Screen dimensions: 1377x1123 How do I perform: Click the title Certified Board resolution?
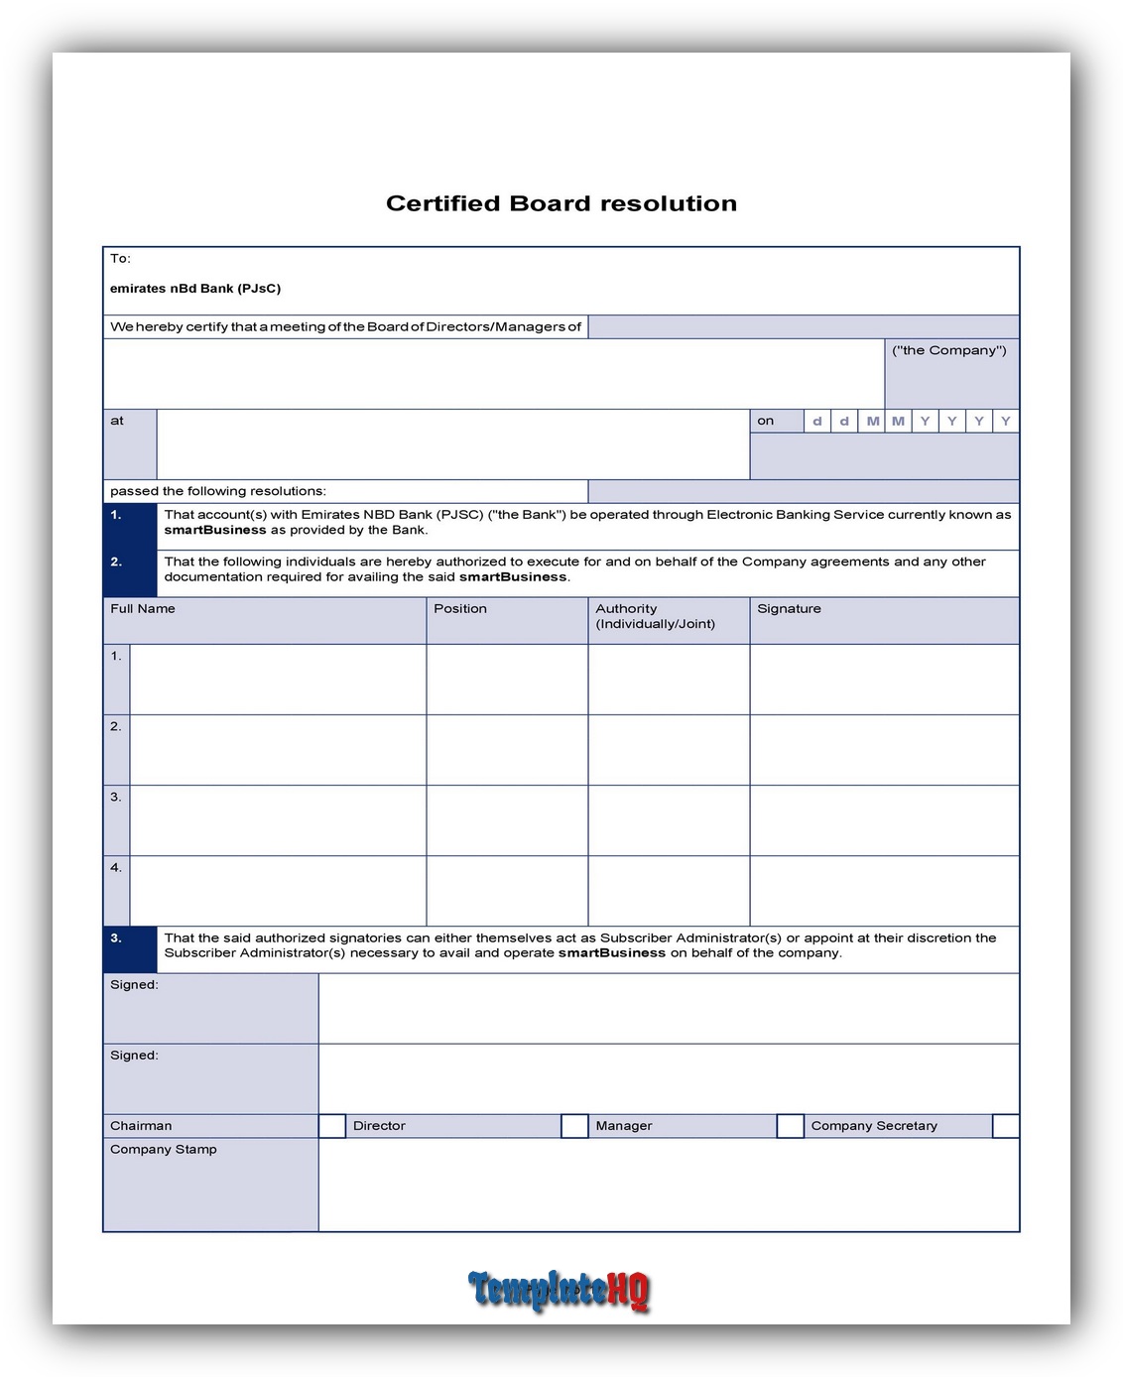click(x=561, y=203)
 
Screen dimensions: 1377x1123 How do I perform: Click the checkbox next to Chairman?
click(x=331, y=1125)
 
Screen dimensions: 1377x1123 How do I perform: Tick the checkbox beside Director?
click(x=574, y=1125)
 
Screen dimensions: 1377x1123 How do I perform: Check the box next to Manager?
click(x=790, y=1125)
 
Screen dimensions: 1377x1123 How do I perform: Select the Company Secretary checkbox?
click(x=1005, y=1125)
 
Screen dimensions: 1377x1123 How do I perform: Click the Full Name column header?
click(x=143, y=609)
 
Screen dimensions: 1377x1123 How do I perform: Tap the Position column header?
click(x=460, y=609)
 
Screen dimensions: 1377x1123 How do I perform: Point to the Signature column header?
click(x=789, y=609)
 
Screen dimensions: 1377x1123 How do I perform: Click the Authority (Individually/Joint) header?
click(x=655, y=616)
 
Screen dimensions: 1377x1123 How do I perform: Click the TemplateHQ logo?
click(x=560, y=1290)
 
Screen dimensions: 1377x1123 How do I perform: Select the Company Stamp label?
click(x=164, y=1149)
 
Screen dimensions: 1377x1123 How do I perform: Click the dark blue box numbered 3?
click(x=130, y=948)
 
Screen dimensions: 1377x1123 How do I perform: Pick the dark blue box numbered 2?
click(x=130, y=572)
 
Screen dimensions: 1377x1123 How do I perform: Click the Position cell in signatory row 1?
click(x=507, y=680)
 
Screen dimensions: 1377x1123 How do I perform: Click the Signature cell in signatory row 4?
click(x=884, y=891)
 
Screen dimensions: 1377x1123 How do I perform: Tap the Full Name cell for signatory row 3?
click(x=278, y=820)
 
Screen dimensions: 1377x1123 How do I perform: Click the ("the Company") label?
click(x=949, y=350)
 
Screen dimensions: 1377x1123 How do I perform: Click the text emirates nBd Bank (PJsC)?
click(x=195, y=289)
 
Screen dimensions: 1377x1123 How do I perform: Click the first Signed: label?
click(x=134, y=985)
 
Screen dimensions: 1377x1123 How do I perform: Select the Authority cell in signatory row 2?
click(x=669, y=750)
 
